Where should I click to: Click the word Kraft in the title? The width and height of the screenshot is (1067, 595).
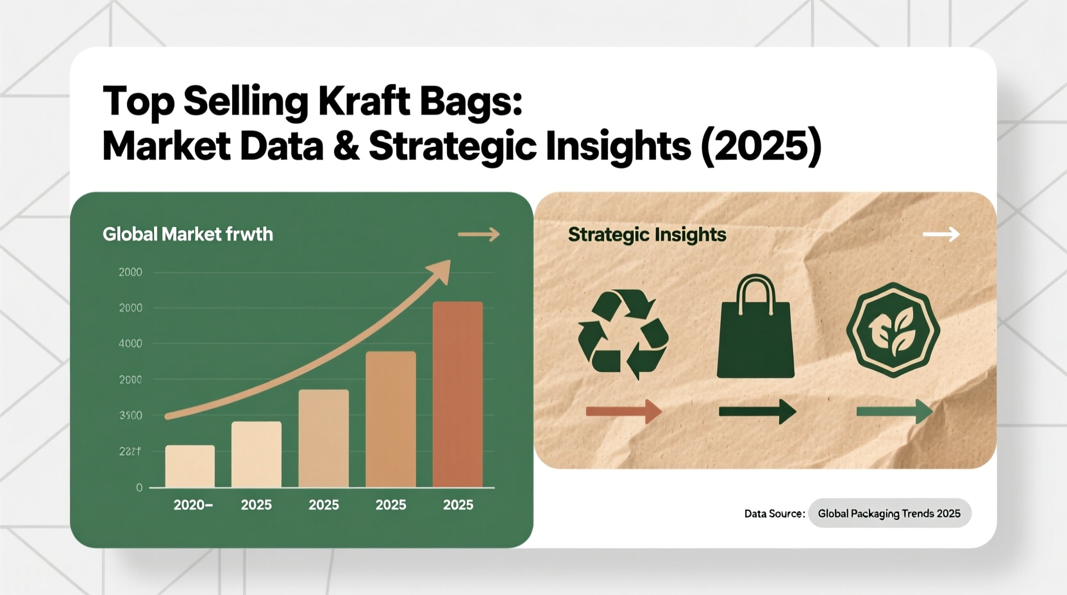(x=364, y=101)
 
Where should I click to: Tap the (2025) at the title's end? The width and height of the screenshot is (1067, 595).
(x=761, y=146)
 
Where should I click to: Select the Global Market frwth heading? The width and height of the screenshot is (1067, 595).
(x=187, y=234)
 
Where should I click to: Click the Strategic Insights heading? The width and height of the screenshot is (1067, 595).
(x=646, y=235)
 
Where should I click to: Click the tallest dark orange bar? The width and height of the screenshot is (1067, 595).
(x=457, y=394)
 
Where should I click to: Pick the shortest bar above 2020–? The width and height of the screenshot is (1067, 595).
(x=190, y=466)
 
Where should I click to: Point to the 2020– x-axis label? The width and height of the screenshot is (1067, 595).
(x=193, y=505)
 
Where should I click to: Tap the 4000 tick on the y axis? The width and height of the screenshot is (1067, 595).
(x=130, y=344)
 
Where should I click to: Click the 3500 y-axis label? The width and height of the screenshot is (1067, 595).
(x=130, y=415)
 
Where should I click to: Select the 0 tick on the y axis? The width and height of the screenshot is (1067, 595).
(x=139, y=488)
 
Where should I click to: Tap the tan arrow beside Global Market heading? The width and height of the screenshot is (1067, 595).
(x=479, y=235)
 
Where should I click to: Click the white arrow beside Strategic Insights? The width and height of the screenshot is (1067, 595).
(x=941, y=235)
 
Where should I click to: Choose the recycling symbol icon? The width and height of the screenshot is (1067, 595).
(x=623, y=333)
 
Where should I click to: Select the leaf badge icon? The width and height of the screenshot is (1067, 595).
(x=893, y=330)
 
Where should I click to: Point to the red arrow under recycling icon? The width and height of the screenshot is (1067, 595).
(x=623, y=411)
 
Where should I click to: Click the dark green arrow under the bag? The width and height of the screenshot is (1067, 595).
(x=757, y=411)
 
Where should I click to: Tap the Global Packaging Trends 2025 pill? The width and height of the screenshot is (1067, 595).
(x=889, y=514)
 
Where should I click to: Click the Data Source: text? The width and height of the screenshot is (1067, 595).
(x=774, y=514)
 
